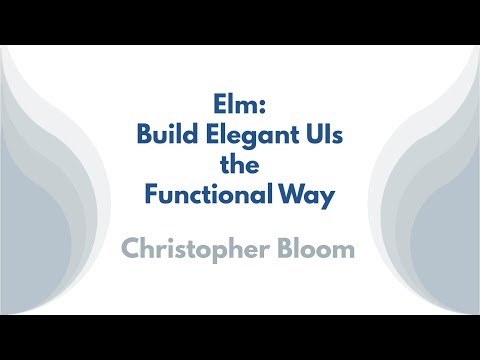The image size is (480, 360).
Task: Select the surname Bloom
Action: point(316,248)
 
